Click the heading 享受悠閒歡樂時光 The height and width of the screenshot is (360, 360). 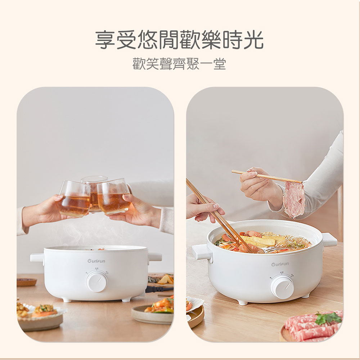[179, 40]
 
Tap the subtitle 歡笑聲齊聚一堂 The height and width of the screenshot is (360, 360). [179, 64]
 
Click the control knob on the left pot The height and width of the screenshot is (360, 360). [96, 281]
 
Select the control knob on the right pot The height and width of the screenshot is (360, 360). [282, 287]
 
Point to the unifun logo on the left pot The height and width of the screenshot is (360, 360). [96, 261]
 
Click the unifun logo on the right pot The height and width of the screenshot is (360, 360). [280, 264]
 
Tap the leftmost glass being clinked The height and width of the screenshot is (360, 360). [74, 199]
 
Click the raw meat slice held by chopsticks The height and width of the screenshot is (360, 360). [294, 199]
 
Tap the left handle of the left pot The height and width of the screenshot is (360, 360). [37, 258]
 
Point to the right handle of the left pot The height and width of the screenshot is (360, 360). [155, 257]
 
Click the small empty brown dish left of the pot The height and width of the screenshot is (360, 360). [26, 282]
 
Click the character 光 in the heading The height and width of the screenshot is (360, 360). [253, 40]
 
